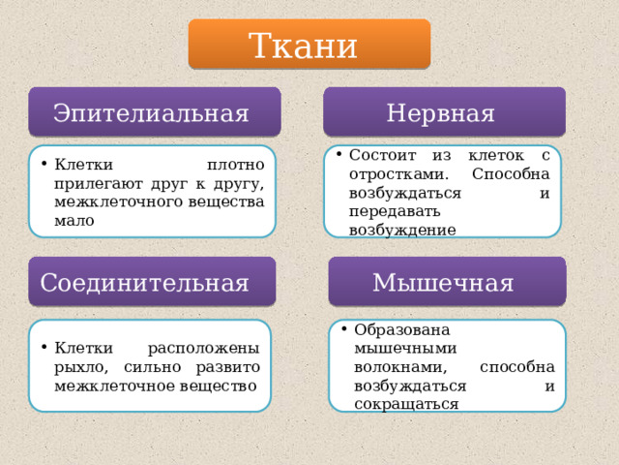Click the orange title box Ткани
[309, 45]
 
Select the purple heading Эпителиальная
[154, 112]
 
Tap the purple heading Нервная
[443, 112]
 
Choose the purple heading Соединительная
[146, 282]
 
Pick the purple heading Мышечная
[444, 282]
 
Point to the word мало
[74, 220]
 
